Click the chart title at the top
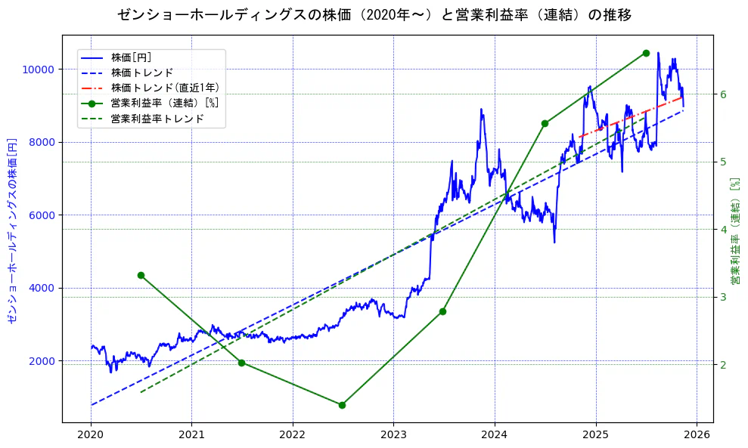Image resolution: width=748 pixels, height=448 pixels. (x=374, y=15)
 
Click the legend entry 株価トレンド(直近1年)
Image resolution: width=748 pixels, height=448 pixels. (x=158, y=88)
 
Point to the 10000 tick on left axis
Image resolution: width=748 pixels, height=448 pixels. (x=38, y=70)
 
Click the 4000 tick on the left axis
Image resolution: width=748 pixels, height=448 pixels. (x=41, y=288)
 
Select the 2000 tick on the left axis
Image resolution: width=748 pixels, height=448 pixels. (x=41, y=361)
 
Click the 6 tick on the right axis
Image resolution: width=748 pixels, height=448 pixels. (x=723, y=94)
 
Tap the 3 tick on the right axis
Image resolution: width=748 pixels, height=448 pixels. (x=723, y=297)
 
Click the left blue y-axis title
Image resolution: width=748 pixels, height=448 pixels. (x=11, y=230)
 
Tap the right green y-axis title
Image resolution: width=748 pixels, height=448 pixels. (x=734, y=230)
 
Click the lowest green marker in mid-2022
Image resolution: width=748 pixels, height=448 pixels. (x=342, y=405)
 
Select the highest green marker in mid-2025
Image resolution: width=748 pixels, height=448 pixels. (x=646, y=53)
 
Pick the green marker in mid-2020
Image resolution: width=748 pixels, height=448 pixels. (x=141, y=275)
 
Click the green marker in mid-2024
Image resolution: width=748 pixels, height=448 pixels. (x=545, y=123)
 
